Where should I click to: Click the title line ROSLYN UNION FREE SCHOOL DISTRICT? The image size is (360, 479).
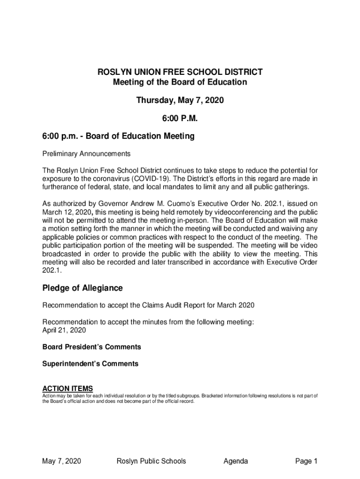[x=180, y=72]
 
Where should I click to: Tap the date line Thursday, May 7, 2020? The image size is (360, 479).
[x=180, y=101]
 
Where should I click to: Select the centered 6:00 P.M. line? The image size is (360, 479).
[x=180, y=119]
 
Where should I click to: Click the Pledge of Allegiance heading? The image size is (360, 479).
[x=83, y=288]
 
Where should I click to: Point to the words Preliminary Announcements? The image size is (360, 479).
[x=86, y=154]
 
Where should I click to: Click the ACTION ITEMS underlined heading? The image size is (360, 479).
[x=68, y=389]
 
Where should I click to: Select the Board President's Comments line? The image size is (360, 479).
[x=92, y=347]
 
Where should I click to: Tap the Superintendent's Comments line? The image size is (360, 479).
[x=90, y=363]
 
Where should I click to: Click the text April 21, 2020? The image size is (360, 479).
[x=64, y=330]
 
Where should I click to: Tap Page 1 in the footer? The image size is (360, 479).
[x=306, y=461]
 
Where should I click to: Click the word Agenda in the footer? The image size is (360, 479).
[x=236, y=461]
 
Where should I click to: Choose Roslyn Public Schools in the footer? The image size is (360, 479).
[x=151, y=461]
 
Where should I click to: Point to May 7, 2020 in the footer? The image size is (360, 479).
[x=62, y=461]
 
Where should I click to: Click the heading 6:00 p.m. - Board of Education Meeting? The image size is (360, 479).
[x=118, y=137]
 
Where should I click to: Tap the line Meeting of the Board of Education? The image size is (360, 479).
[x=180, y=82]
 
